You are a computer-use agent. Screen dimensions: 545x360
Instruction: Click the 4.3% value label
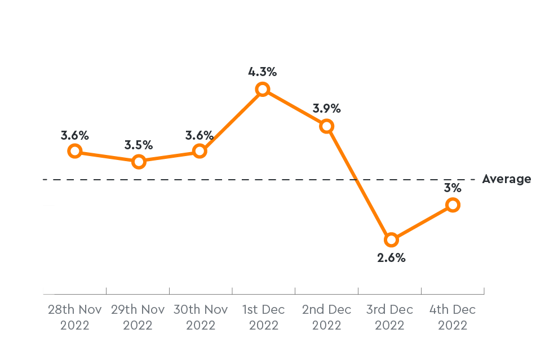pos(263,72)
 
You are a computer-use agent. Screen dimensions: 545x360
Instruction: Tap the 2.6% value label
pos(391,258)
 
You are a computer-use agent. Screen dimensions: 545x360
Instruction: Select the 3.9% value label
pos(327,108)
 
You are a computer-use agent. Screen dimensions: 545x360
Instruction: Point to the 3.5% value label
pos(139,145)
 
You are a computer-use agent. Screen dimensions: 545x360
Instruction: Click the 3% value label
pos(453,188)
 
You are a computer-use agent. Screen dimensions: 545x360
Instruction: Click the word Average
pos(507,179)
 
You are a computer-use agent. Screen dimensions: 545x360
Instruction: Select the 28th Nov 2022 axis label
pos(75,317)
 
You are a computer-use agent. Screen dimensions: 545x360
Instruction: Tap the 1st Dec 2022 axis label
pos(263,317)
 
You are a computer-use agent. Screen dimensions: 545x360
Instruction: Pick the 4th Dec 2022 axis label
pos(453,317)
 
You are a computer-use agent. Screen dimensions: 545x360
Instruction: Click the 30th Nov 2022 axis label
pos(201,317)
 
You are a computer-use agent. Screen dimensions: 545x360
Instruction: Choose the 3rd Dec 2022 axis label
pos(389,317)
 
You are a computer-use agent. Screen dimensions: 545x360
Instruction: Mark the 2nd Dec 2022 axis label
pos(327,317)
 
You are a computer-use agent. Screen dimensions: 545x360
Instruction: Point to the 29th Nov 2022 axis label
pos(138,317)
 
